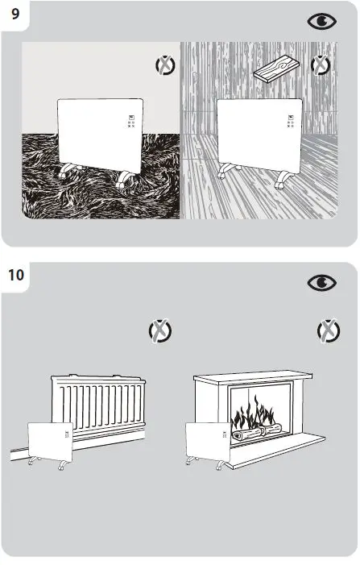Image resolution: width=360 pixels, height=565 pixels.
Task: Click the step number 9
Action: click(x=14, y=14)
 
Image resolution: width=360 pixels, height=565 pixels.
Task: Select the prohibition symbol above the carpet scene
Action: click(x=164, y=66)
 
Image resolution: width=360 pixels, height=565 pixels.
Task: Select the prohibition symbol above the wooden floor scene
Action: click(x=321, y=64)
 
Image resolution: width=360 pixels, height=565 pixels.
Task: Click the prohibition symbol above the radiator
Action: click(x=160, y=330)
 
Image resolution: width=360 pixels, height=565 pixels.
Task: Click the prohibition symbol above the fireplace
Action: click(x=328, y=330)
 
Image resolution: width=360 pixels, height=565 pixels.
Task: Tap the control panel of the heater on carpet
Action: click(x=130, y=123)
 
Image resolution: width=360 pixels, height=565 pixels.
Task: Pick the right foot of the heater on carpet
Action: click(x=124, y=181)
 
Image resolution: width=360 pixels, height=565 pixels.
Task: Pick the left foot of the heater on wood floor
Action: click(x=228, y=171)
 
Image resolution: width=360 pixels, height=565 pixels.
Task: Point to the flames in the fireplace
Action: click(x=254, y=417)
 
